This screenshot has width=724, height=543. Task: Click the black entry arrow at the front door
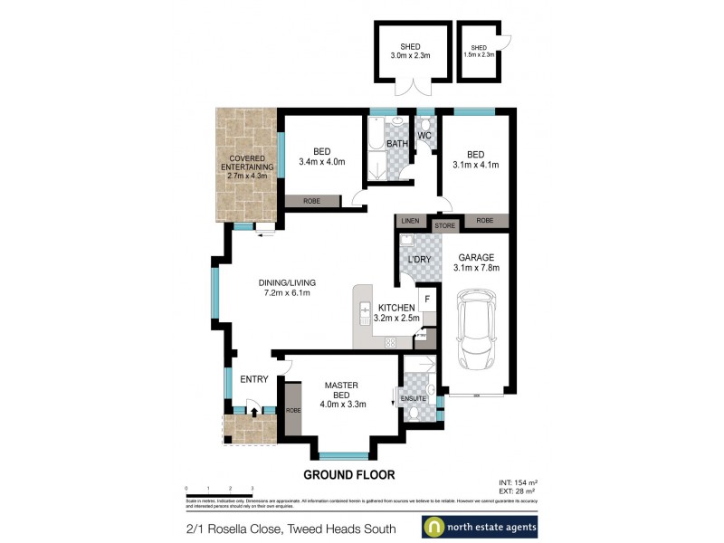pos(254,413)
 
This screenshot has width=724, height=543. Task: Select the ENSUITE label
pos(414,395)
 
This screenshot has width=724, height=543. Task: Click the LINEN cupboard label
pos(412,222)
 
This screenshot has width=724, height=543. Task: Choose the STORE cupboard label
pos(443,224)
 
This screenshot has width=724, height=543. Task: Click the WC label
pos(424,137)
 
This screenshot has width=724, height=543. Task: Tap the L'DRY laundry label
pos(419,261)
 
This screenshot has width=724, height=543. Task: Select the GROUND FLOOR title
pos(348,474)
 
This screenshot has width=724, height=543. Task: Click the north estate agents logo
pos(481,527)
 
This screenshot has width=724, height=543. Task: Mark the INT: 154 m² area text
pos(517,481)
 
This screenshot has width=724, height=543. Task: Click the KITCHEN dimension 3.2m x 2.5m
pos(396,319)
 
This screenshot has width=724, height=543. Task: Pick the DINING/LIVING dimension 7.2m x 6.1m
pos(274,293)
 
